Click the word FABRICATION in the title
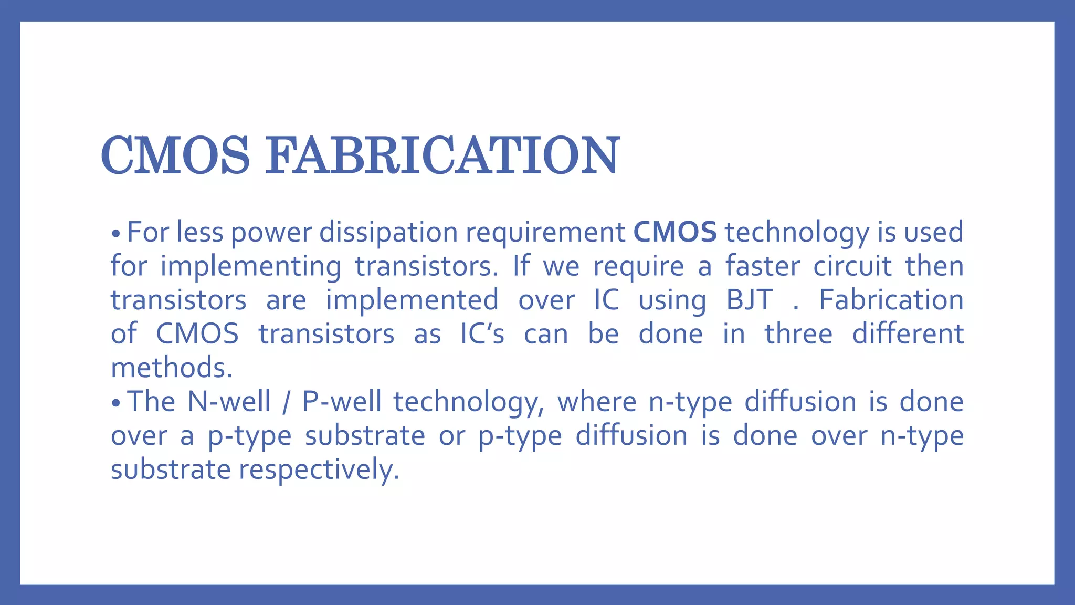442,155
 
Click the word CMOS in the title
175,155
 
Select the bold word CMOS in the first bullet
675,232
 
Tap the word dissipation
388,232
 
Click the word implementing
250,267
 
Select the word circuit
852,266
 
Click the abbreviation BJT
750,300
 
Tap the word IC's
482,334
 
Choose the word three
798,334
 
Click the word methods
171,368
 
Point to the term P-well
342,402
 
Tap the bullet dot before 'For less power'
117,234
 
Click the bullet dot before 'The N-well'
117,403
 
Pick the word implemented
412,300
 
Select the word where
597,402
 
